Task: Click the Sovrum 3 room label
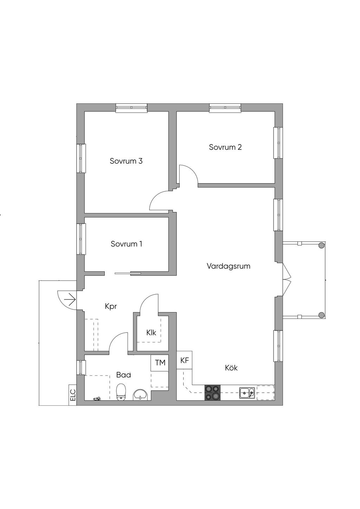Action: coord(126,161)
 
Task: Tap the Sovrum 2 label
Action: coord(225,147)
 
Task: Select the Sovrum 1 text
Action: coord(126,244)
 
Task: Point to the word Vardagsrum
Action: coord(229,266)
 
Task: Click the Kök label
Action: coord(231,368)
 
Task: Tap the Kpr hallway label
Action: coord(111,307)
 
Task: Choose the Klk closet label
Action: coord(151,333)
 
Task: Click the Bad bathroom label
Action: coord(123,375)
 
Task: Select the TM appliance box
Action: coord(160,363)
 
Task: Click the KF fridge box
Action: coord(185,360)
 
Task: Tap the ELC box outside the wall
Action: coord(73,395)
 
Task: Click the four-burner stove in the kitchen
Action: coord(212,392)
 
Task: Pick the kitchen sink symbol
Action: coord(247,392)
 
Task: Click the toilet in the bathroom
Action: coord(121,392)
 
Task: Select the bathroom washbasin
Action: coord(141,395)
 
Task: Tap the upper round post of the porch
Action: coord(321,246)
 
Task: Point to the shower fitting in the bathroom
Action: coord(97,399)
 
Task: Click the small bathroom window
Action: coord(81,367)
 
